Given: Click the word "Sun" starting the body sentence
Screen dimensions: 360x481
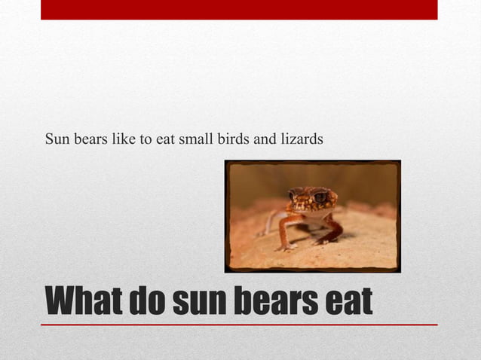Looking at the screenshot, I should point(57,139).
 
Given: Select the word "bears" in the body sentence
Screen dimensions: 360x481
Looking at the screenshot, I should point(87,139).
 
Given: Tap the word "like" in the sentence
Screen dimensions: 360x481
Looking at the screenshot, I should point(121,139).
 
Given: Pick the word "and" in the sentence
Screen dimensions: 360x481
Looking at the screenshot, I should point(264,139).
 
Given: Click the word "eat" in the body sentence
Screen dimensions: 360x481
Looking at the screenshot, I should point(164,140).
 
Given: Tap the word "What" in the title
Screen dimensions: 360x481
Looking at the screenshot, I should point(84,302).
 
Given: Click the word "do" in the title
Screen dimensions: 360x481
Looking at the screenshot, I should point(149,302).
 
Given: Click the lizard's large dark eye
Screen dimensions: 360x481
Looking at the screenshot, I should point(320,197).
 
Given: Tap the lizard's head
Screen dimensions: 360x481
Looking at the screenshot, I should point(311,199).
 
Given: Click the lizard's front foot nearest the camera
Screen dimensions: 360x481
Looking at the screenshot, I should point(286,246).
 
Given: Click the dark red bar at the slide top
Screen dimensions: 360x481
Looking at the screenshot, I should point(239,9).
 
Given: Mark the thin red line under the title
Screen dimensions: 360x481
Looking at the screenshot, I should point(239,325).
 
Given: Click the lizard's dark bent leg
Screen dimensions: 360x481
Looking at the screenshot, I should point(332,230).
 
